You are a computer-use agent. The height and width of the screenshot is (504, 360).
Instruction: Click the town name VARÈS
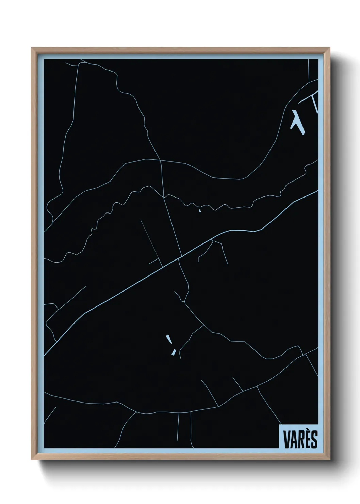pyautogui.click(x=298, y=439)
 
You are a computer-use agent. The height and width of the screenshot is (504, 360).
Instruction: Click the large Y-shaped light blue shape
pyautogui.click(x=297, y=121)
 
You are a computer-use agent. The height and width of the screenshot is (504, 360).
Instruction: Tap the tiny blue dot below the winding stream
pyautogui.click(x=199, y=211)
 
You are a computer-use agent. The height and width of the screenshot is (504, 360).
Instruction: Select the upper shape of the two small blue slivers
pyautogui.click(x=168, y=340)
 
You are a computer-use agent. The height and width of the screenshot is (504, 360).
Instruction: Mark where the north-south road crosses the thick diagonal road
pyautogui.click(x=181, y=256)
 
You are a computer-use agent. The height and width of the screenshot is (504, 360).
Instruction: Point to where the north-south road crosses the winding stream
pyautogui.click(x=164, y=196)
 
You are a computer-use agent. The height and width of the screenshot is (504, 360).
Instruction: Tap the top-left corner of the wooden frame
pyautogui.click(x=32, y=48)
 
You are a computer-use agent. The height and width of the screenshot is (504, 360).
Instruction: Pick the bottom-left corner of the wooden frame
pyautogui.click(x=32, y=460)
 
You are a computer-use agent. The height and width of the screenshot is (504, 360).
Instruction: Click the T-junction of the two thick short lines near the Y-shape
pyautogui.click(x=312, y=97)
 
